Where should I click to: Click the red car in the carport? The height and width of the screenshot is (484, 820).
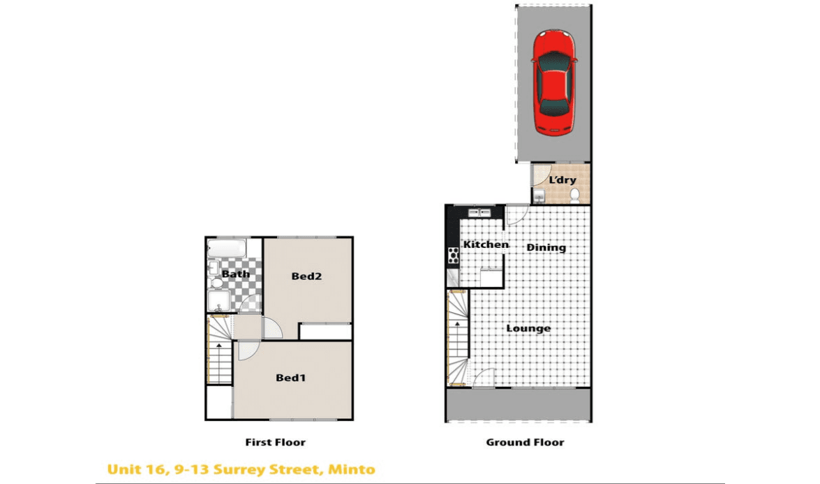click(x=554, y=82)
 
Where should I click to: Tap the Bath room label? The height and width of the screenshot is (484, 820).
click(x=236, y=274)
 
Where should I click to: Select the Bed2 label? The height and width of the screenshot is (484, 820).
click(x=306, y=276)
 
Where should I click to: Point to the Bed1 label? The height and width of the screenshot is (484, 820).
click(x=291, y=377)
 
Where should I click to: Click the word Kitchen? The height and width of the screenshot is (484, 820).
click(x=486, y=244)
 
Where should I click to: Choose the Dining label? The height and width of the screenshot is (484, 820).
click(x=546, y=247)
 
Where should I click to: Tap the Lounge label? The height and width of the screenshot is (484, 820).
click(x=529, y=328)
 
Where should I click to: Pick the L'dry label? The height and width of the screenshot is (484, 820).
click(x=562, y=179)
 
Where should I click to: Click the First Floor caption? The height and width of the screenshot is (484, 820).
click(x=275, y=442)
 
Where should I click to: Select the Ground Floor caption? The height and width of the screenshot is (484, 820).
click(x=525, y=442)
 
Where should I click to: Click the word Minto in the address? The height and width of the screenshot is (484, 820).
click(x=352, y=469)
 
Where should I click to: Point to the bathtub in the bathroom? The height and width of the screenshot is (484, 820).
click(x=226, y=248)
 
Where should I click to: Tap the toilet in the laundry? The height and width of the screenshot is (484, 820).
click(x=575, y=196)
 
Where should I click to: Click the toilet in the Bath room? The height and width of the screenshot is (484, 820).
click(x=216, y=283)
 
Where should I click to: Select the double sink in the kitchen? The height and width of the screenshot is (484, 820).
click(x=479, y=212)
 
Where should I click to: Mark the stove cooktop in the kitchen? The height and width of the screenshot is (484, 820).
click(x=454, y=256)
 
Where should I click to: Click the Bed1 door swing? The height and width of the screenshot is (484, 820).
click(x=248, y=351)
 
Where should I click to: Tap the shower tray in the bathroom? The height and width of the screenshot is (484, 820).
click(x=218, y=301)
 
